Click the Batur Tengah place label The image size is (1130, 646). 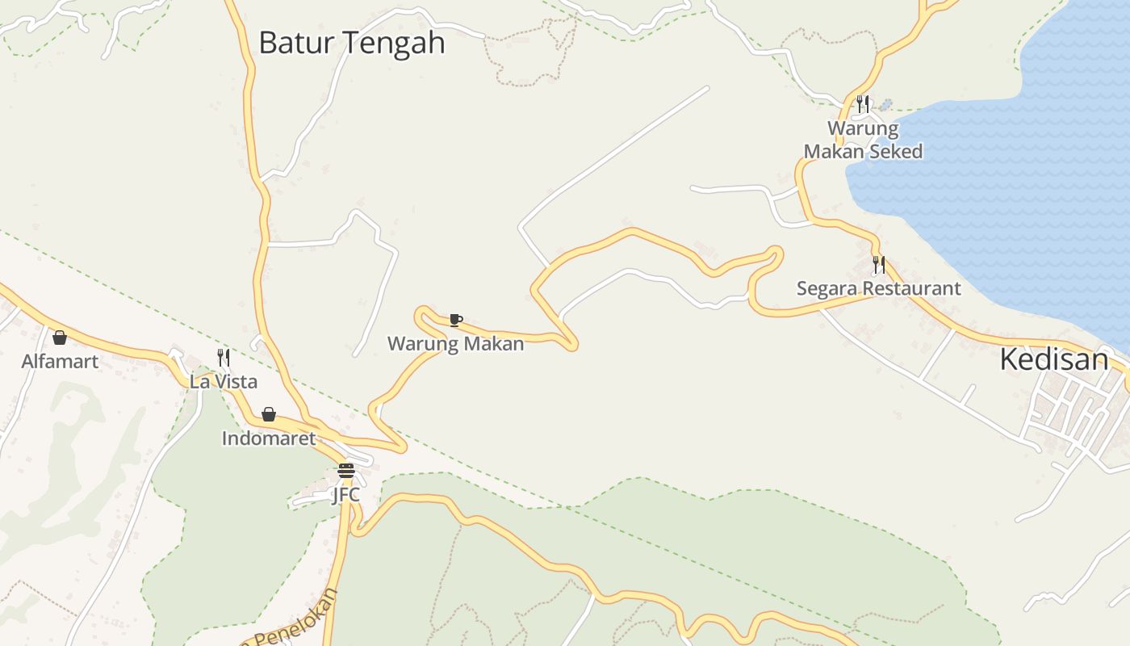coord(351,43)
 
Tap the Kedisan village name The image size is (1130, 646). coord(1054,359)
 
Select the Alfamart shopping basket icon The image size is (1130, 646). coord(60,338)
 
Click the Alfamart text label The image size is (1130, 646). coord(60,361)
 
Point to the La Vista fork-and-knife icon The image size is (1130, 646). coord(224,358)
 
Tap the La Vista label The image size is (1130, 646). coord(224,381)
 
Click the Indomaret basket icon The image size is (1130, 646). coord(269,415)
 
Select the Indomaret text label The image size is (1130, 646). coord(269,438)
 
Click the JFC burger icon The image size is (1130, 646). coord(346,471)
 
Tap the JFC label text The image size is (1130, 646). coord(345,494)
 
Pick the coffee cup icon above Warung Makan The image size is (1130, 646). coord(455,321)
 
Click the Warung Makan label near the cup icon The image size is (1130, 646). coord(455,344)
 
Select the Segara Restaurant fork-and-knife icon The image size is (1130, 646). coord(879,265)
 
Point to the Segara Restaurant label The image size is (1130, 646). coord(879,288)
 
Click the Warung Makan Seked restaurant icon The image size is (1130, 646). coord(863,104)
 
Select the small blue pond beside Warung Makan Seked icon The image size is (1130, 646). coord(886,105)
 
